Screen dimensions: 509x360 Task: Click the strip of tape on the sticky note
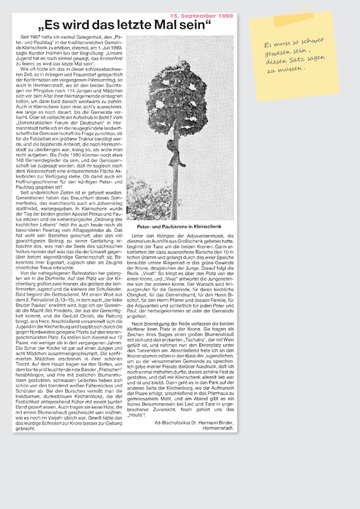coord(293,20)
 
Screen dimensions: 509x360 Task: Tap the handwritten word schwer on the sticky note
coord(312,42)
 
